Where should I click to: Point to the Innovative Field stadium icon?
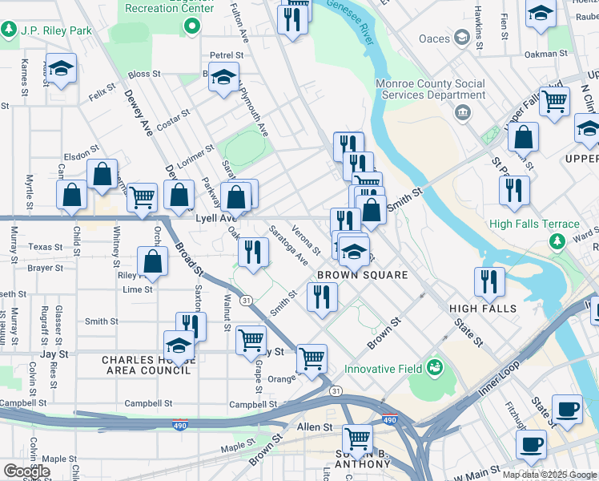coord(435,368)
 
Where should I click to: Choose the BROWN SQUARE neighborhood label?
coord(363,275)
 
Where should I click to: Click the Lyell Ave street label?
coord(216,218)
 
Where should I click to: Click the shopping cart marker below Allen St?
coord(357,439)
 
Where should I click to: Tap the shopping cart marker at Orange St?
coord(312,358)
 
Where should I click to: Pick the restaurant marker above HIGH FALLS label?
coord(488,281)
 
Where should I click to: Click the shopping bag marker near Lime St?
coord(152,261)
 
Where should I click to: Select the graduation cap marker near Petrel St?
coord(225,78)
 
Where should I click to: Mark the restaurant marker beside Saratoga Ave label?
coord(252,252)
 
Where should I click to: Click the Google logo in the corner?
coord(26,471)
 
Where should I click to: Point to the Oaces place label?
coord(436,38)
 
